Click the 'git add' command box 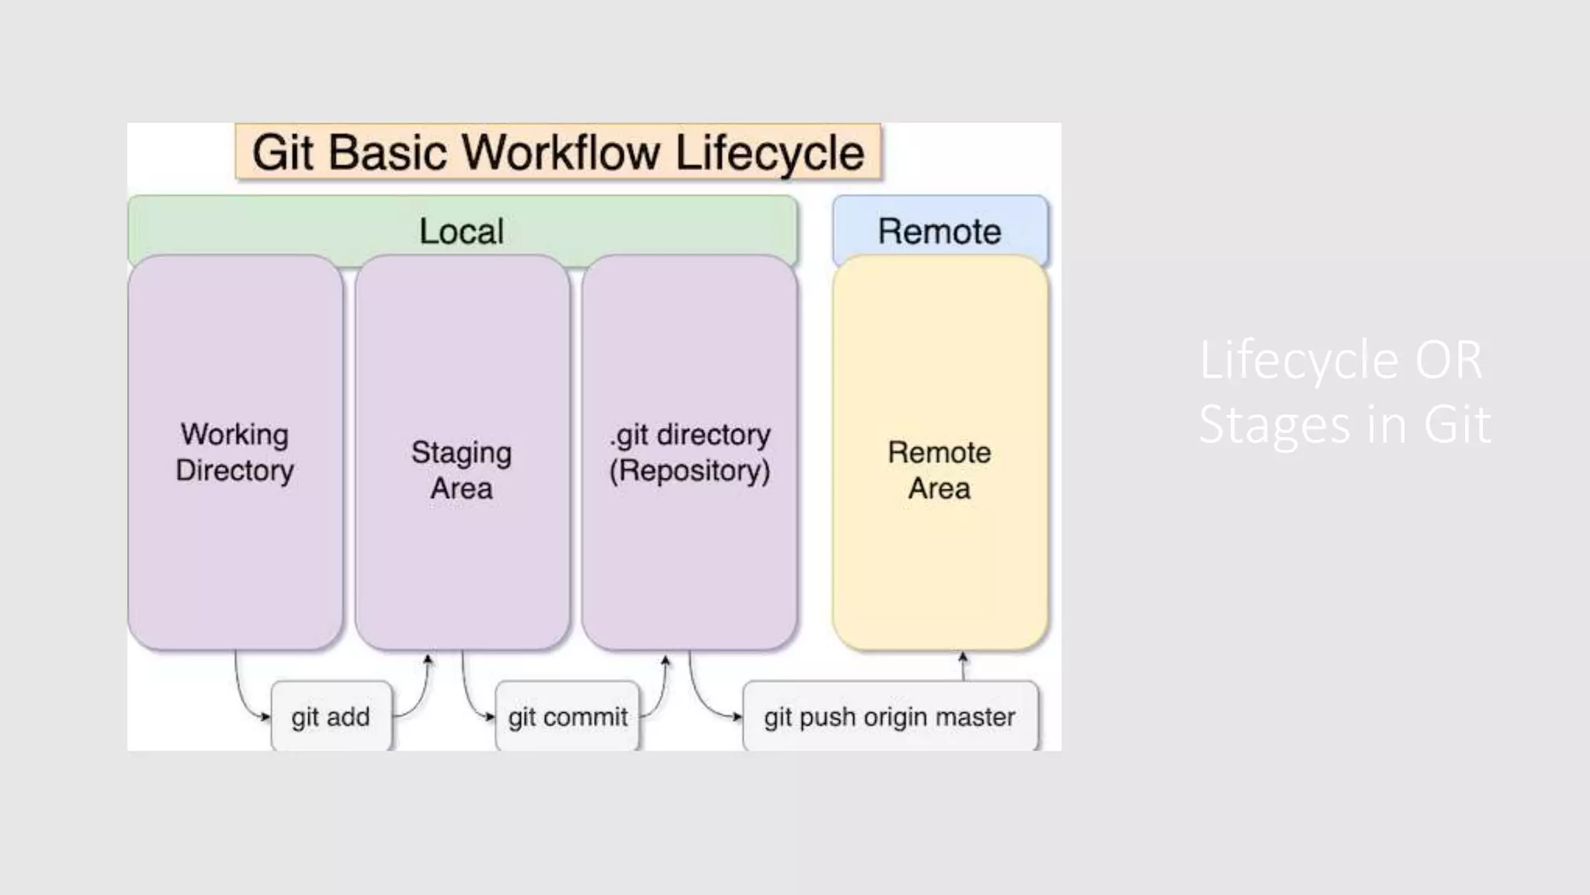click(x=331, y=716)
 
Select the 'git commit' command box click(x=568, y=716)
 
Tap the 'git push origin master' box click(x=890, y=716)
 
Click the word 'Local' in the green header click(x=461, y=232)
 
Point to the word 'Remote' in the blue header click(x=939, y=232)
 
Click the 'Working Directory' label click(x=234, y=452)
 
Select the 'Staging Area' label click(x=461, y=470)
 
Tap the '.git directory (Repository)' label click(x=689, y=452)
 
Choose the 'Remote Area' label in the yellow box click(x=939, y=470)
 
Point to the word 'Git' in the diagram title click(x=283, y=152)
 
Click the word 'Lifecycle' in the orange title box click(x=769, y=152)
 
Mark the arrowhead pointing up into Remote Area click(x=963, y=657)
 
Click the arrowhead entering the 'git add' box click(x=266, y=717)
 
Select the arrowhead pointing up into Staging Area click(x=428, y=660)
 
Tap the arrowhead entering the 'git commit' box click(x=490, y=717)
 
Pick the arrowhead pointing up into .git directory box click(x=665, y=660)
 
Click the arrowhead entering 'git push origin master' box click(x=738, y=717)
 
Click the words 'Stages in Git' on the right click(x=1344, y=424)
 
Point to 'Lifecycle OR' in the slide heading click(x=1341, y=360)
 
